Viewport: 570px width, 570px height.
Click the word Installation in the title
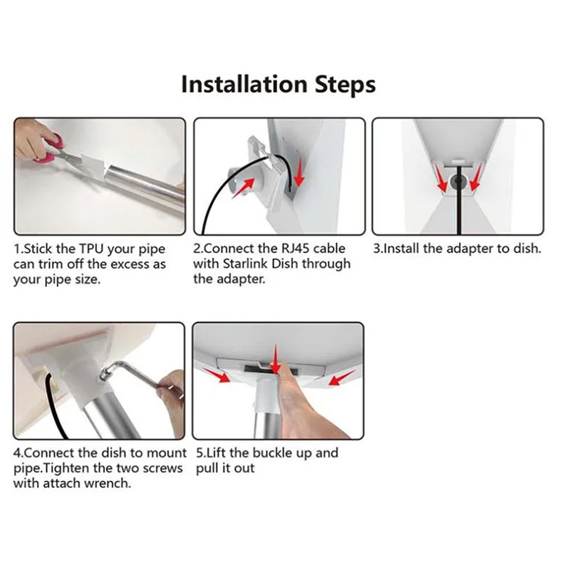coord(244,84)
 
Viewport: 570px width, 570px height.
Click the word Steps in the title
coord(345,85)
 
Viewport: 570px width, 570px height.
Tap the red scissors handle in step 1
coord(50,149)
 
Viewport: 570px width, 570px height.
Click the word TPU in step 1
coord(92,249)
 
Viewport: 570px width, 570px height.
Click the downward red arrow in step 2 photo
coord(299,172)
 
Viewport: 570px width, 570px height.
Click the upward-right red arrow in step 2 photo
coord(243,187)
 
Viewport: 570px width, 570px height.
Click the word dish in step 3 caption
coord(527,249)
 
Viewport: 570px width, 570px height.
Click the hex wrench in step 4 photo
coord(133,373)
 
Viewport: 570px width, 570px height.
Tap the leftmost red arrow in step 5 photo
coord(217,375)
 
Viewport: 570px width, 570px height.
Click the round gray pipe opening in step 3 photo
coord(458,182)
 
